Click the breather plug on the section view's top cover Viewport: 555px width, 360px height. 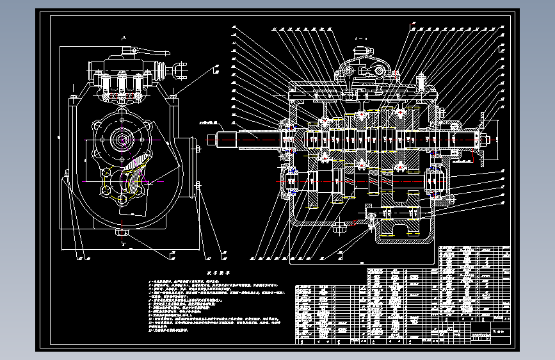422,82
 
